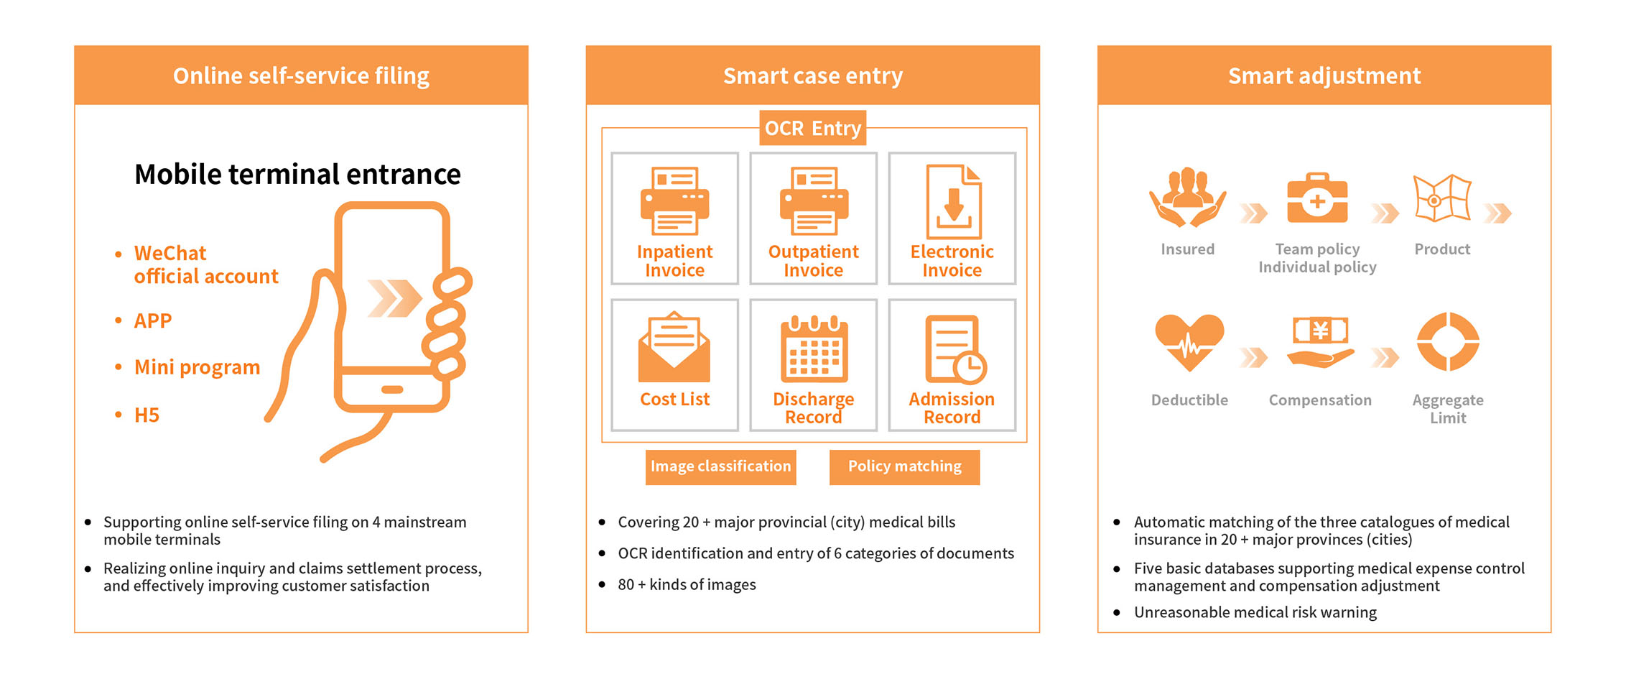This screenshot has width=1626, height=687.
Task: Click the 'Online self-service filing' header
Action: point(301,75)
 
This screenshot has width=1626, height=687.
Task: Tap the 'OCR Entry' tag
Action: point(812,128)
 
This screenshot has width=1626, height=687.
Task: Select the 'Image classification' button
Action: point(720,466)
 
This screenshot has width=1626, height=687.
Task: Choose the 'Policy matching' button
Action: point(904,466)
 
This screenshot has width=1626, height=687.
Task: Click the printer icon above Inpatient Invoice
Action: point(674,201)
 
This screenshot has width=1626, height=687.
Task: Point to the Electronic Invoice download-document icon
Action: point(953,202)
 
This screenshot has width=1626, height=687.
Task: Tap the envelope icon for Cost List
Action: point(674,348)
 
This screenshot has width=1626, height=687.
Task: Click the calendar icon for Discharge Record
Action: point(814,349)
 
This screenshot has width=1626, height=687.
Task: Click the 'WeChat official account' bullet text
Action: point(205,264)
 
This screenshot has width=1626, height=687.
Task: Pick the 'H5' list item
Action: point(147,415)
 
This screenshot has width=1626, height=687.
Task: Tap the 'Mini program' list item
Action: point(197,367)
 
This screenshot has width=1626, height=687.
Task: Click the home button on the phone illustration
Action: point(392,389)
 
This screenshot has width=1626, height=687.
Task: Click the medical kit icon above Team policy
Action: point(1317,198)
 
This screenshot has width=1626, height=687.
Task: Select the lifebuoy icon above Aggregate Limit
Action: point(1447,341)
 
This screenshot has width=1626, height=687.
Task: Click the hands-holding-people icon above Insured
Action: point(1188,198)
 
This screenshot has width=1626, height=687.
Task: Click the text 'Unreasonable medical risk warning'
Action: point(1255,612)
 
